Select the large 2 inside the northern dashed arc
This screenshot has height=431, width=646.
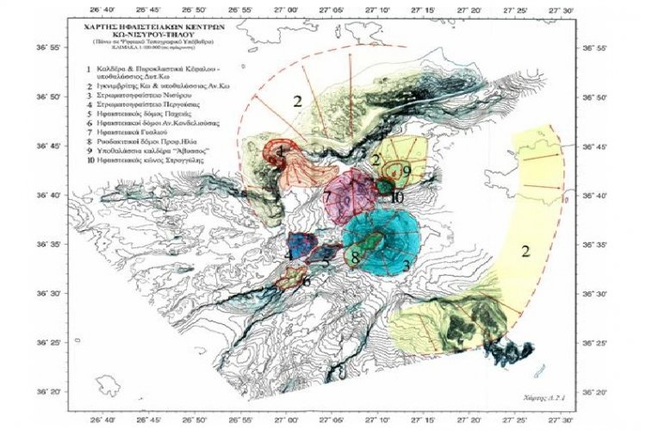pyautogui.click(x=297, y=102)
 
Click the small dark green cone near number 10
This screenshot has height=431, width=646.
pyautogui.click(x=383, y=185)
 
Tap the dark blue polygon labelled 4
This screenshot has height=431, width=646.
pyautogui.click(x=301, y=247)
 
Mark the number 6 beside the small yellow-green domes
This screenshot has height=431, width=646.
pyautogui.click(x=307, y=280)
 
